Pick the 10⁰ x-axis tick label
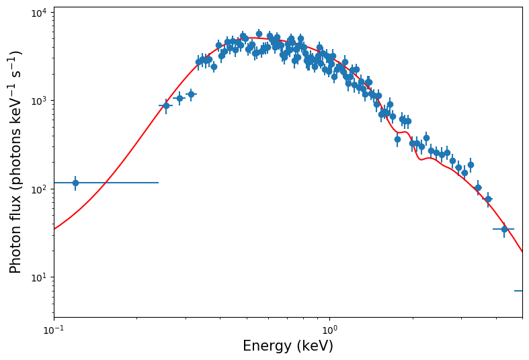coord(329,330)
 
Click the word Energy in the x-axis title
coord(266,347)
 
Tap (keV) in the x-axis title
coord(314,347)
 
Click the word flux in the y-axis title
coord(16,204)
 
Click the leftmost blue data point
coord(75,183)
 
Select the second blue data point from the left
coord(166,105)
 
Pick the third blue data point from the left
coord(179,98)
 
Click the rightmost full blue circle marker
coord(504,229)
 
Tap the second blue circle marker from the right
coord(488,199)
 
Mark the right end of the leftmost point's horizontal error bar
coord(159,183)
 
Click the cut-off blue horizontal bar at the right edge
coord(518,291)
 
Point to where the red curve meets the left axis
coord(54,229)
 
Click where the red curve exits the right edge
coord(522,252)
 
